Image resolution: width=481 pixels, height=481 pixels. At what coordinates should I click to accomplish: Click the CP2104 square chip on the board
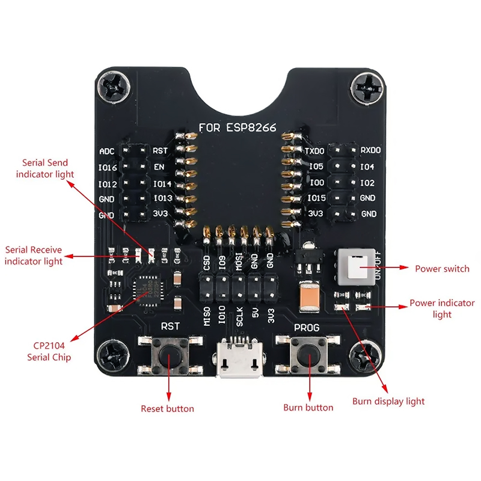tap(146, 290)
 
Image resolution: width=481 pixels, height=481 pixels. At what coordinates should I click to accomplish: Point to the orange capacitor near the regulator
tap(310, 296)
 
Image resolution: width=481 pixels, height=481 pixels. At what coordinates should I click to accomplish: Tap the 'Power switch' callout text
tap(442, 268)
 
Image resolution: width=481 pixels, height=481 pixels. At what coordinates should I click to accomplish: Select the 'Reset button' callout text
tap(167, 409)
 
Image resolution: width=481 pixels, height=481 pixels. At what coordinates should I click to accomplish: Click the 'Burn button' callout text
tap(308, 408)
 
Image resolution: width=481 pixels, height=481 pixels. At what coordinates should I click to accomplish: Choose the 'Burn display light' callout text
tap(388, 402)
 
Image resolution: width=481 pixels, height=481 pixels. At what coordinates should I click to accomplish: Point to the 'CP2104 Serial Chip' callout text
tap(49, 352)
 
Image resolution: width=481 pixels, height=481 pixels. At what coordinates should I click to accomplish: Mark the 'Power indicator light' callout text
tap(442, 309)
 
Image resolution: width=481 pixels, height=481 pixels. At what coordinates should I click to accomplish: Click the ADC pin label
tap(106, 151)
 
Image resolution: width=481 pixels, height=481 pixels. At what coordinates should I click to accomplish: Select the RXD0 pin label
tap(370, 150)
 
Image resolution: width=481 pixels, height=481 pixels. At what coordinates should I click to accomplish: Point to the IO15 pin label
tap(316, 198)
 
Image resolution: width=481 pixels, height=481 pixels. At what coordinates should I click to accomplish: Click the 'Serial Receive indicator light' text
tap(34, 256)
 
